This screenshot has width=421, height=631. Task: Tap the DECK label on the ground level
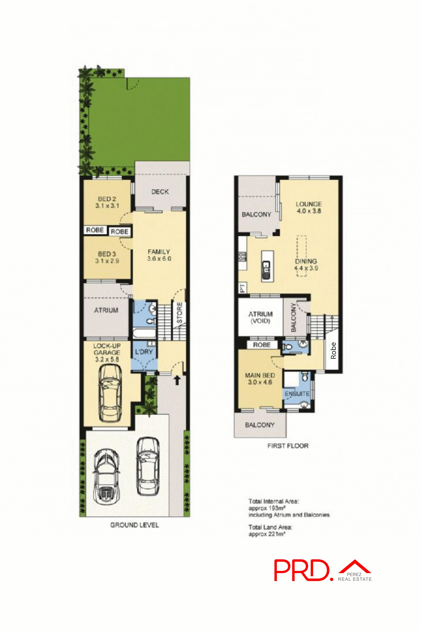[160, 192]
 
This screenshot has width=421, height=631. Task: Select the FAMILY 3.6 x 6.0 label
[159, 255]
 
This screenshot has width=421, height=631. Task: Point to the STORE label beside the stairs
[180, 313]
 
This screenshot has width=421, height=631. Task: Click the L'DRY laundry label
[144, 352]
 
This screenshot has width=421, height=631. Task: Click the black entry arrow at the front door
[177, 380]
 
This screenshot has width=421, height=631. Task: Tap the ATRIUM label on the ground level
[106, 310]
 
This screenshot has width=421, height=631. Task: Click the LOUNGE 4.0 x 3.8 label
[309, 207]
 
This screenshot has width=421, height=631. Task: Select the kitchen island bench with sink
[266, 266]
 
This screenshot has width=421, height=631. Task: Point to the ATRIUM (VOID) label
[260, 317]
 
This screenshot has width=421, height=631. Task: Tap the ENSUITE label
[297, 394]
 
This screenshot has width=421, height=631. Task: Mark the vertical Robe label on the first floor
[333, 350]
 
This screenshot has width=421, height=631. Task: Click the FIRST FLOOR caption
[288, 446]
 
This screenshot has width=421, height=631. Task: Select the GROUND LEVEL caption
[134, 525]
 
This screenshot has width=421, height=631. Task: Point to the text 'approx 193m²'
[267, 508]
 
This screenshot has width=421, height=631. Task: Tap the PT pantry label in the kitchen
[242, 288]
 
